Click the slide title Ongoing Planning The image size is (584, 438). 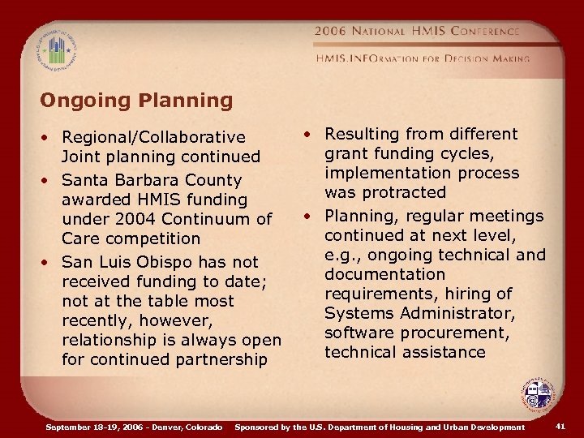coord(136,101)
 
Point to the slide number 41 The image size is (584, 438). coord(560,426)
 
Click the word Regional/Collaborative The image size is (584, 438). coord(153,137)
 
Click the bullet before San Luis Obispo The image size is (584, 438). coord(50,263)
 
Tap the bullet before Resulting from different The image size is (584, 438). coord(311,135)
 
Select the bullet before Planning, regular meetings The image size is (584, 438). coord(311,217)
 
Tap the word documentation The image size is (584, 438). coord(384,274)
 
